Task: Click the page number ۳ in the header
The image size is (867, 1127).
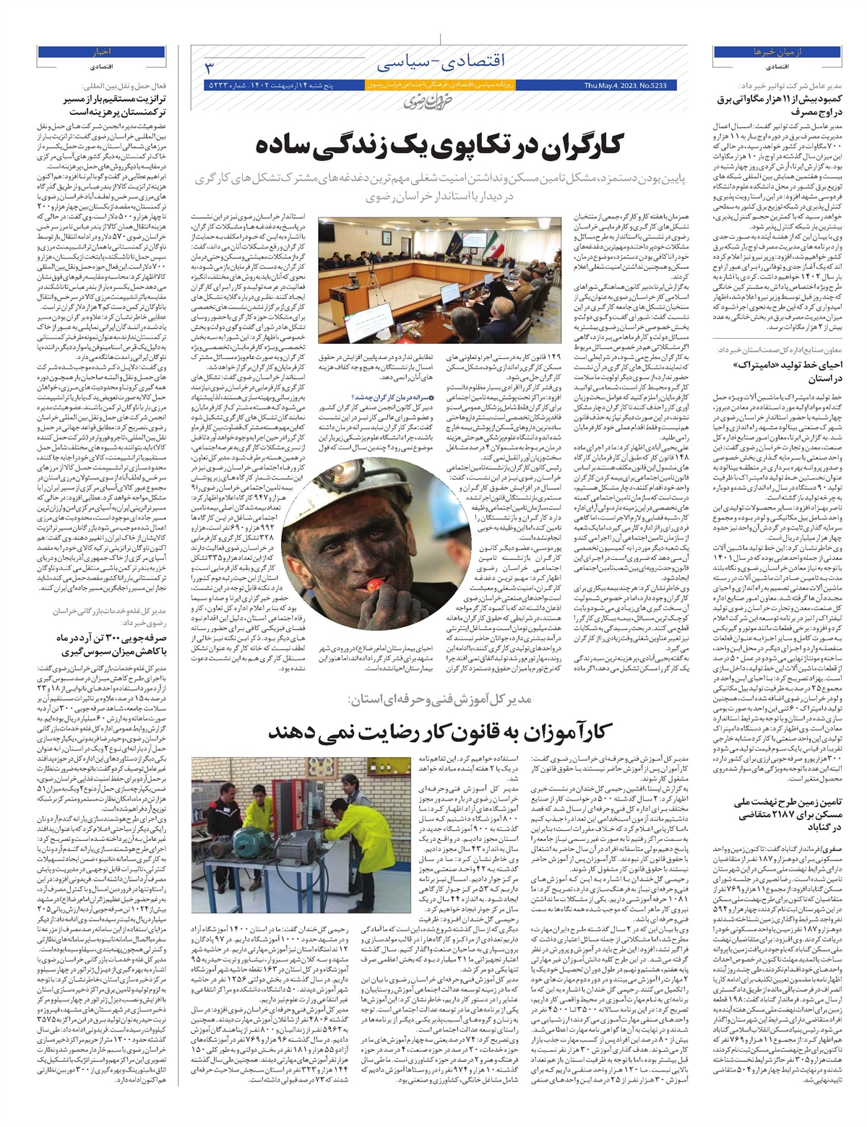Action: tap(210, 68)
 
